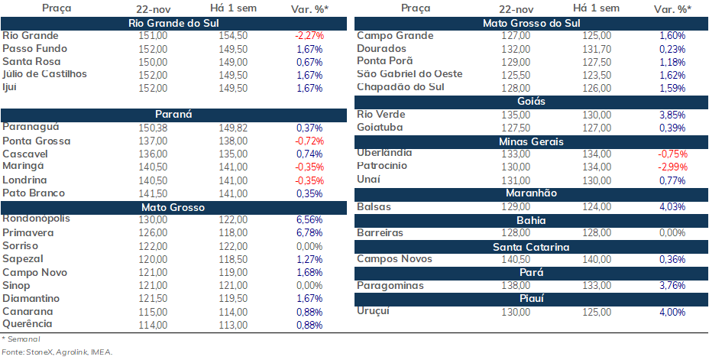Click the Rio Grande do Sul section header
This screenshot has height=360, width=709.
pyautogui.click(x=173, y=24)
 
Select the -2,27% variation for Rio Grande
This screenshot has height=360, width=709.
pyautogui.click(x=309, y=36)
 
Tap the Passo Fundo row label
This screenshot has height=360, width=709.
pyautogui.click(x=35, y=49)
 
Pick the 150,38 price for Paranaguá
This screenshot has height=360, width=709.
pyautogui.click(x=154, y=128)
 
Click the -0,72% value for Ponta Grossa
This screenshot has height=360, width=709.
pyautogui.click(x=309, y=141)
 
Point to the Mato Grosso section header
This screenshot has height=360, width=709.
pyautogui.click(x=173, y=208)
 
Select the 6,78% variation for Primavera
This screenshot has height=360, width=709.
pyautogui.click(x=309, y=233)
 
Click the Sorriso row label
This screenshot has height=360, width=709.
pyautogui.click(x=21, y=246)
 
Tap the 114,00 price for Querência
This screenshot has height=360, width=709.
pyautogui.click(x=154, y=325)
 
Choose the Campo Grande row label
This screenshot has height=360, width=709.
pyautogui.click(x=395, y=36)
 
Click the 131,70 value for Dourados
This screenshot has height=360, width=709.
pyautogui.click(x=597, y=49)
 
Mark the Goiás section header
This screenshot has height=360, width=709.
pyautogui.click(x=531, y=102)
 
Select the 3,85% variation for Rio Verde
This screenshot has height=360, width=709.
pyautogui.click(x=672, y=115)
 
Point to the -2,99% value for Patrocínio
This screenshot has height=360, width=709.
pyautogui.click(x=672, y=167)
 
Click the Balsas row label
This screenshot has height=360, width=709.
pyautogui.click(x=374, y=207)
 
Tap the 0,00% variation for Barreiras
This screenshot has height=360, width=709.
pyautogui.click(x=672, y=233)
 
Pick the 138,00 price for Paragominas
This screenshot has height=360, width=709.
pyautogui.click(x=516, y=286)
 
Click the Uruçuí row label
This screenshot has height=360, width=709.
pyautogui.click(x=373, y=311)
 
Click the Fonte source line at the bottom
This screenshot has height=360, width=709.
pyautogui.click(x=57, y=352)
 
